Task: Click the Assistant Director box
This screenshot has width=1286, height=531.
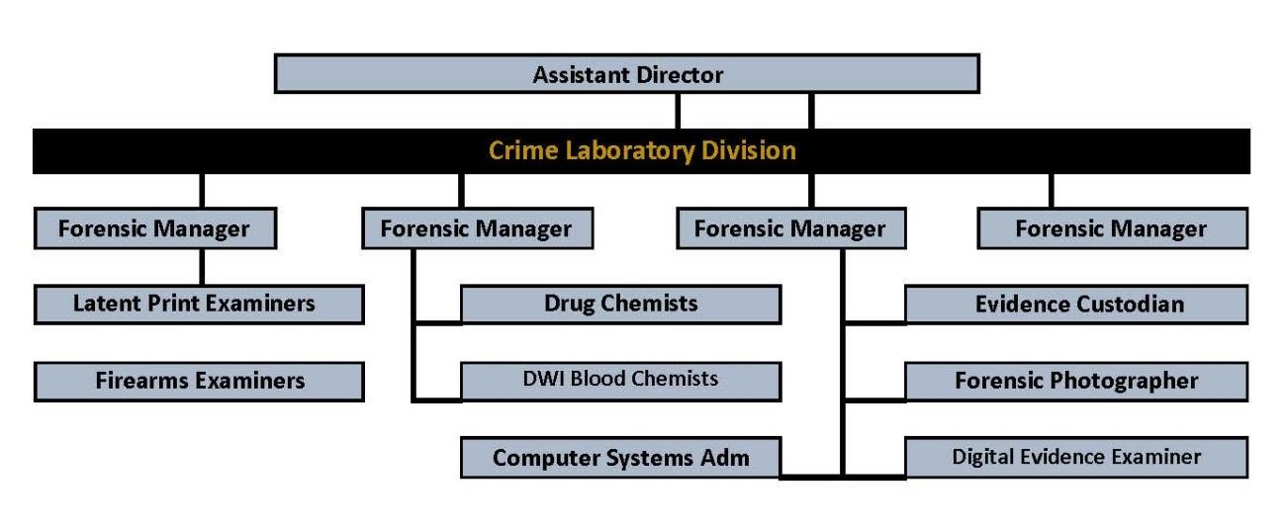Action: pyautogui.click(x=626, y=74)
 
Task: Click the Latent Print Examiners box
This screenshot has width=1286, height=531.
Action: pyautogui.click(x=198, y=304)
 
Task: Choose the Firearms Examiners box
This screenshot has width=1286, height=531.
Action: pyautogui.click(x=198, y=381)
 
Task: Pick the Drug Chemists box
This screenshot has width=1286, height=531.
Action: pyautogui.click(x=620, y=304)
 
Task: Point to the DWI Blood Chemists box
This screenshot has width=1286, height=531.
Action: pyautogui.click(x=620, y=380)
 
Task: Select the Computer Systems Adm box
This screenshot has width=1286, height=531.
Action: pyautogui.click(x=620, y=458)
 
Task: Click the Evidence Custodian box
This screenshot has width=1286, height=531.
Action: pyautogui.click(x=1076, y=304)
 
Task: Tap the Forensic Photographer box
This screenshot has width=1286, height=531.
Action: pyautogui.click(x=1076, y=381)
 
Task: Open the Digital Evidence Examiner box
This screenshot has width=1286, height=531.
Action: pyautogui.click(x=1076, y=457)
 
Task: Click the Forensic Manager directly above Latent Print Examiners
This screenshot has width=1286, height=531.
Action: pyautogui.click(x=153, y=228)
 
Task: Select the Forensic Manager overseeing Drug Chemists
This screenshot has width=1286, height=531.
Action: pyautogui.click(x=476, y=228)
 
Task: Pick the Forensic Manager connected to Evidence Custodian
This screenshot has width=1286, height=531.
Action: pyautogui.click(x=789, y=228)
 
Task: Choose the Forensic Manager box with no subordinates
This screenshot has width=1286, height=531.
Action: pyautogui.click(x=1111, y=228)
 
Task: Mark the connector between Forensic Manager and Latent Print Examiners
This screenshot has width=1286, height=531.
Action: pyautogui.click(x=202, y=266)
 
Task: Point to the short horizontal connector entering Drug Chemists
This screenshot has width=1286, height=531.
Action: pyautogui.click(x=437, y=321)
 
